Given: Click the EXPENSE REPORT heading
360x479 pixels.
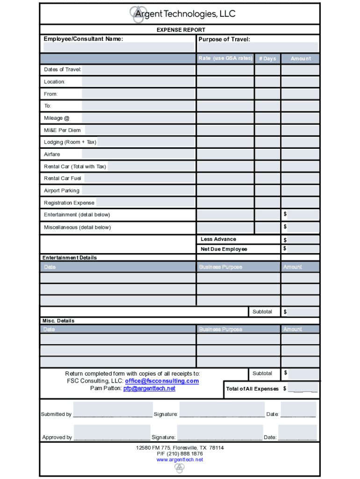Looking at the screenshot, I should point(180,30).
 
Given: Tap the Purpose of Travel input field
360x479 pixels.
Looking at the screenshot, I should point(258,47).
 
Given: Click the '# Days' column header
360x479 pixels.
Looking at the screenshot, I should point(267,58).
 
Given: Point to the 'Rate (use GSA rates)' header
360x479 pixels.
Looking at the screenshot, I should point(225,58).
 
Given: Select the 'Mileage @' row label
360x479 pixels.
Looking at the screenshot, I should point(57,118).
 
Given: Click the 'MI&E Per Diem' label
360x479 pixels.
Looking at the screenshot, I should point(62,130).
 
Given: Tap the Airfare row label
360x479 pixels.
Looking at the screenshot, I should point(52,154).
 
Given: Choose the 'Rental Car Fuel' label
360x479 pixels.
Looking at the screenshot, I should point(62,178).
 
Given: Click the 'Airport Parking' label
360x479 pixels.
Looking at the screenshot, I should point(62,190).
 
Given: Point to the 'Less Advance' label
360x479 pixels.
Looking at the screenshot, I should point(218,239).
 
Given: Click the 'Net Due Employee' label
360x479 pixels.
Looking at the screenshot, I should point(223,249).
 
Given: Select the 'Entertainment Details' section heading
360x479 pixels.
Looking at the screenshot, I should point(70,258).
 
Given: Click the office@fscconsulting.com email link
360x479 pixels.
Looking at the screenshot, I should point(162,381).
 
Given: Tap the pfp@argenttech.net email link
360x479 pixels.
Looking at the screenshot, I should point(149,388).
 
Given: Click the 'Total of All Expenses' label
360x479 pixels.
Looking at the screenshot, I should point(252,389).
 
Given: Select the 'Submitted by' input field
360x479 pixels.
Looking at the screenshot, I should point(113,409).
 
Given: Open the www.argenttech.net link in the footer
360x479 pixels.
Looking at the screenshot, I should point(180,459).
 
